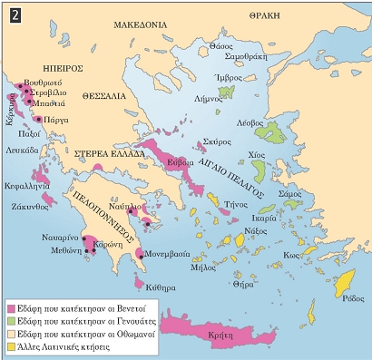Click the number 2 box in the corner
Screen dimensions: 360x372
pos(12,11)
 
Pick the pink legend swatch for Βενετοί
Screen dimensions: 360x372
pos(12,306)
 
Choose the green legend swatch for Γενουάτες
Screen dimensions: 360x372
pos(12,320)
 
